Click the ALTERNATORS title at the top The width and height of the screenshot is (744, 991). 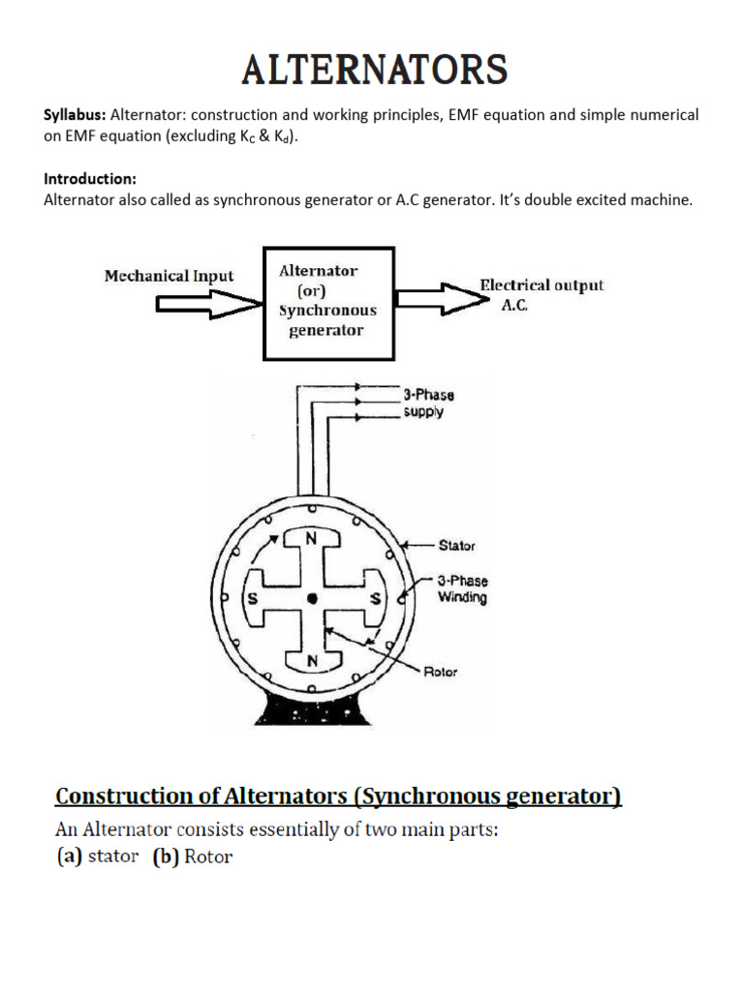tap(374, 72)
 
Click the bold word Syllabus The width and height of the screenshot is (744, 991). tap(75, 115)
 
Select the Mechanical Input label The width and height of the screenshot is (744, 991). tap(169, 276)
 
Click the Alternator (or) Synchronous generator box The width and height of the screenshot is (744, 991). tap(329, 303)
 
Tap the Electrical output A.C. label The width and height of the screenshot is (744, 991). tap(542, 292)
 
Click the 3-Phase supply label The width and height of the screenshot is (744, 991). tap(429, 404)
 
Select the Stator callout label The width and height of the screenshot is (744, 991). tap(456, 546)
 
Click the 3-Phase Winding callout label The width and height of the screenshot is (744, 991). tap(462, 589)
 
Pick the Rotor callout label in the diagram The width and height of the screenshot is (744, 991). tap(441, 672)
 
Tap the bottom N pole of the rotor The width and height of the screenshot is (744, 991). tap(312, 661)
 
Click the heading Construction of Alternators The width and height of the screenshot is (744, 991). tap(338, 796)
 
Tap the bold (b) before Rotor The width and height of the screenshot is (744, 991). tap(165, 857)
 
